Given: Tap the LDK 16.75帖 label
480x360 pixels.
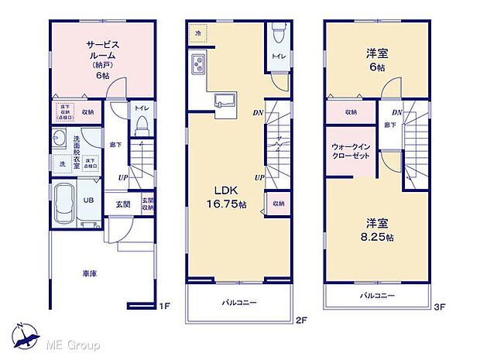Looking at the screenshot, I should click(225, 197).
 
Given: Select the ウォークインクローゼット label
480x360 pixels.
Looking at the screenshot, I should click(351, 150).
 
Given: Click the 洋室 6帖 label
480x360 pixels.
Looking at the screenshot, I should click(378, 60).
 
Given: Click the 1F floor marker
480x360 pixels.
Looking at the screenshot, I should click(164, 307).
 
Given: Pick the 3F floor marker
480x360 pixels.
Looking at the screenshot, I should click(438, 307).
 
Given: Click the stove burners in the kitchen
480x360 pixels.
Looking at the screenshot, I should click(197, 64).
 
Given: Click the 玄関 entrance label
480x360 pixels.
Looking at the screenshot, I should click(124, 205).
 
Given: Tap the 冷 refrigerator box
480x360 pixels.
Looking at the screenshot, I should click(198, 33).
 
